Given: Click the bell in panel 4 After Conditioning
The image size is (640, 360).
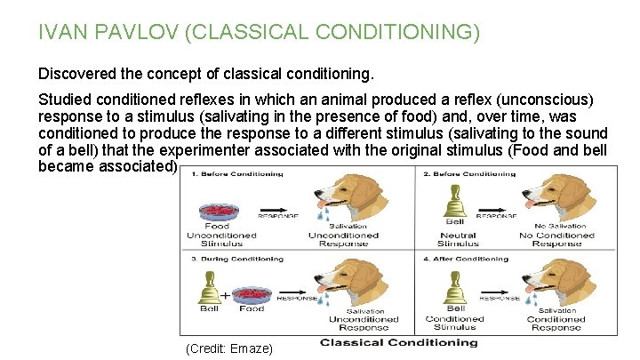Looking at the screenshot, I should [454, 289].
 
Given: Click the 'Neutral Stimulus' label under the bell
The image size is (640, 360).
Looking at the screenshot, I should [457, 239].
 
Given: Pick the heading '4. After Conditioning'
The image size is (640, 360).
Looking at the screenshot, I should [469, 259].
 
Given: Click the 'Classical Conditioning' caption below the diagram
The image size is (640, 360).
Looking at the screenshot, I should [398, 342].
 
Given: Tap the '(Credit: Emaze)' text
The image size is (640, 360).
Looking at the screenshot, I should [229, 348].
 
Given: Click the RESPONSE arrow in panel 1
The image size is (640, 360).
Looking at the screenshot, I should [279, 215].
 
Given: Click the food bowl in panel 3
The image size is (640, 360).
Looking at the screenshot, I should [252, 294].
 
